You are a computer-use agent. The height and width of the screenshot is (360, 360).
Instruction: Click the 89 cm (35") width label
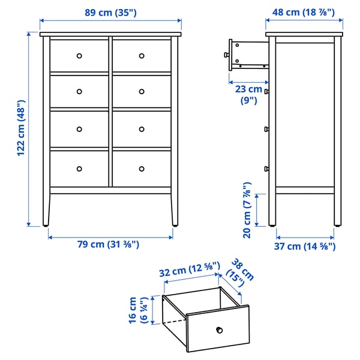pyautogui.click(x=110, y=12)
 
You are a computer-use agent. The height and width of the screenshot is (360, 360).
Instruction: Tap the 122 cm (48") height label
pyautogui.click(x=21, y=127)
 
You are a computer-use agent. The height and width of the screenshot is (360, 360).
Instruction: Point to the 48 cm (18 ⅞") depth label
pyautogui.click(x=304, y=12)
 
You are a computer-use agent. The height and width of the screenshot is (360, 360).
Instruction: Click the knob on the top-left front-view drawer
pyautogui.click(x=79, y=56)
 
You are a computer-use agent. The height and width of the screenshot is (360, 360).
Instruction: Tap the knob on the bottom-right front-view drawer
pyautogui.click(x=142, y=167)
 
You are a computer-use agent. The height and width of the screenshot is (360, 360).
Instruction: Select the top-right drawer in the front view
pyautogui.click(x=142, y=56)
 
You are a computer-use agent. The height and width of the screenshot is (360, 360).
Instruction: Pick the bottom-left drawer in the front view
pyautogui.click(x=79, y=167)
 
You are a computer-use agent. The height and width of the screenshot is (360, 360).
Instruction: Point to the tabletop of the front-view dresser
pyautogui.click(x=110, y=34)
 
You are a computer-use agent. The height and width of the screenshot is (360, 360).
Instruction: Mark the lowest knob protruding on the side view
pyautogui.click(x=266, y=167)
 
